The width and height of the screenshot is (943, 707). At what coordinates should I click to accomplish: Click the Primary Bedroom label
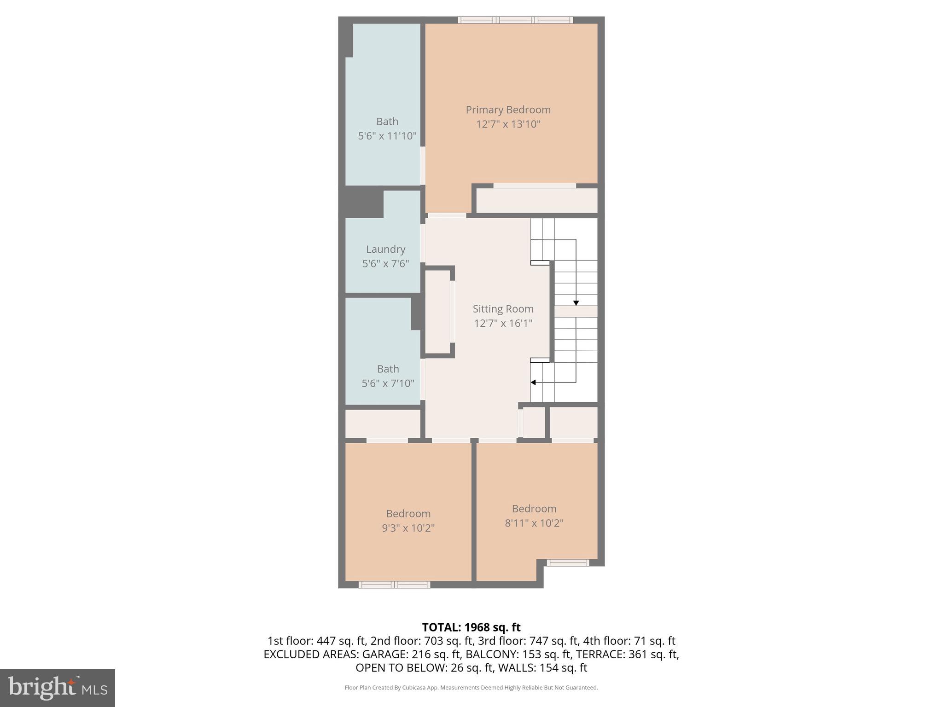508,110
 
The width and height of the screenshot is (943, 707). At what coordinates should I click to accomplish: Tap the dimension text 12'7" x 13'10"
508,124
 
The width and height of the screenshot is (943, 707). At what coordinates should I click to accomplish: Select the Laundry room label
385,249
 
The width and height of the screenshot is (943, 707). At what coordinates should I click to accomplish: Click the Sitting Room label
503,309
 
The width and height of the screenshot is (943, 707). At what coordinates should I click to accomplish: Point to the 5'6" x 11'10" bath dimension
387,136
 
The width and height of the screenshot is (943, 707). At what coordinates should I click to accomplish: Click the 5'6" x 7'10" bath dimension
388,383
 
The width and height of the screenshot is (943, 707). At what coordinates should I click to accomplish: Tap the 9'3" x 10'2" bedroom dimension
408,527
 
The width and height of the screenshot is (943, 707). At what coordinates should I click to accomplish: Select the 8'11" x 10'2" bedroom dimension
534,523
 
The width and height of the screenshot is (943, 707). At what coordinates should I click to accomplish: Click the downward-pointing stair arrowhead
576,303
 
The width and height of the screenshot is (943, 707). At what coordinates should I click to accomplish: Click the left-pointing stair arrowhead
533,382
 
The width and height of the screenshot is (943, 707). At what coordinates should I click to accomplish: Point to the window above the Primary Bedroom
515,20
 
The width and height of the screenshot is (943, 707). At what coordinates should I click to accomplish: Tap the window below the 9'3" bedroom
394,585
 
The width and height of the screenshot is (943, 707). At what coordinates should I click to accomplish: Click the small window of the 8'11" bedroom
567,562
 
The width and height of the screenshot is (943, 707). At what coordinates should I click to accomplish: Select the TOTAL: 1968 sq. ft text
471,627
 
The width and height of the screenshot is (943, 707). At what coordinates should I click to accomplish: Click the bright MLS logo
58,688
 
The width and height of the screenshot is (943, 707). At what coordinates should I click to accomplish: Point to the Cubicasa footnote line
471,688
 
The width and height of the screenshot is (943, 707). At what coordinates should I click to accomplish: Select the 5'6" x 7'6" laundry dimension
385,264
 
